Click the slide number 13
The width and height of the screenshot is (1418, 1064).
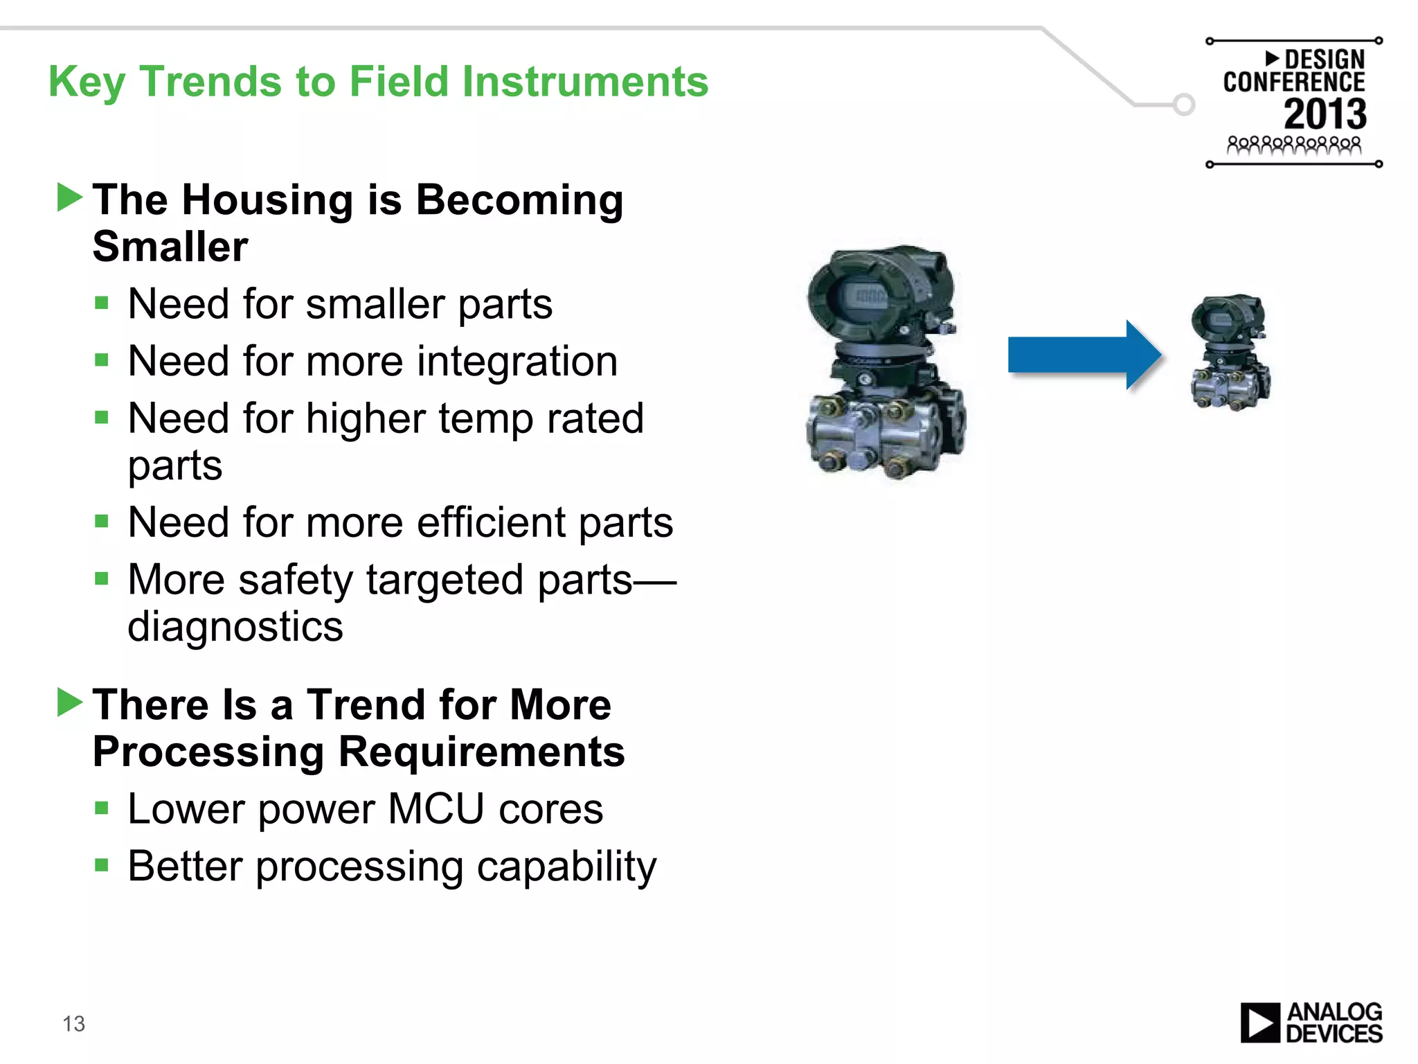click(x=73, y=1023)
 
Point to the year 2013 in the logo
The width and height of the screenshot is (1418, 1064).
click(x=1325, y=114)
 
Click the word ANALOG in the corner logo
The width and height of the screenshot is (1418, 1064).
click(x=1334, y=1012)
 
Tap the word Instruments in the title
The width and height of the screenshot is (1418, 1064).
click(x=585, y=82)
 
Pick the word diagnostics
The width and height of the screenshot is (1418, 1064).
click(x=235, y=627)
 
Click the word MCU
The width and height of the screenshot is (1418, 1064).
click(x=436, y=808)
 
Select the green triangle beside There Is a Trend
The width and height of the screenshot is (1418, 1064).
click(x=69, y=702)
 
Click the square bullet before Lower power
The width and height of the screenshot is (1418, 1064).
click(x=102, y=808)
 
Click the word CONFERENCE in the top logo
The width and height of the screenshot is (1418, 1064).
click(x=1293, y=82)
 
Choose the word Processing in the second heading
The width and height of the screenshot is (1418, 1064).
click(x=208, y=752)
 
